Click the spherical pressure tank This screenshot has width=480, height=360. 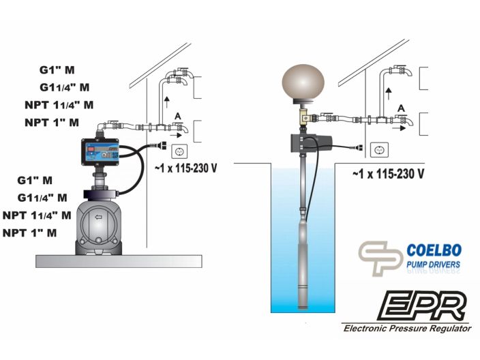(x=303, y=82)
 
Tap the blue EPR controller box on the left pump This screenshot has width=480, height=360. (x=100, y=152)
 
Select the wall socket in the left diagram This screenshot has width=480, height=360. (x=179, y=151)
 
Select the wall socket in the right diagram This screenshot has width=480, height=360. (x=379, y=150)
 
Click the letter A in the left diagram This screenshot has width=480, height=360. (x=177, y=117)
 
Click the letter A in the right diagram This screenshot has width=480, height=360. (x=401, y=108)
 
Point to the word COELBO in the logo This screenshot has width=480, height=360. (x=434, y=250)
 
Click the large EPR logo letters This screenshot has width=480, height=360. (x=423, y=306)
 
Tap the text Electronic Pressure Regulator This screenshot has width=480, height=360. (x=407, y=329)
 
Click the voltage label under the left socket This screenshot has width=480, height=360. (x=186, y=168)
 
